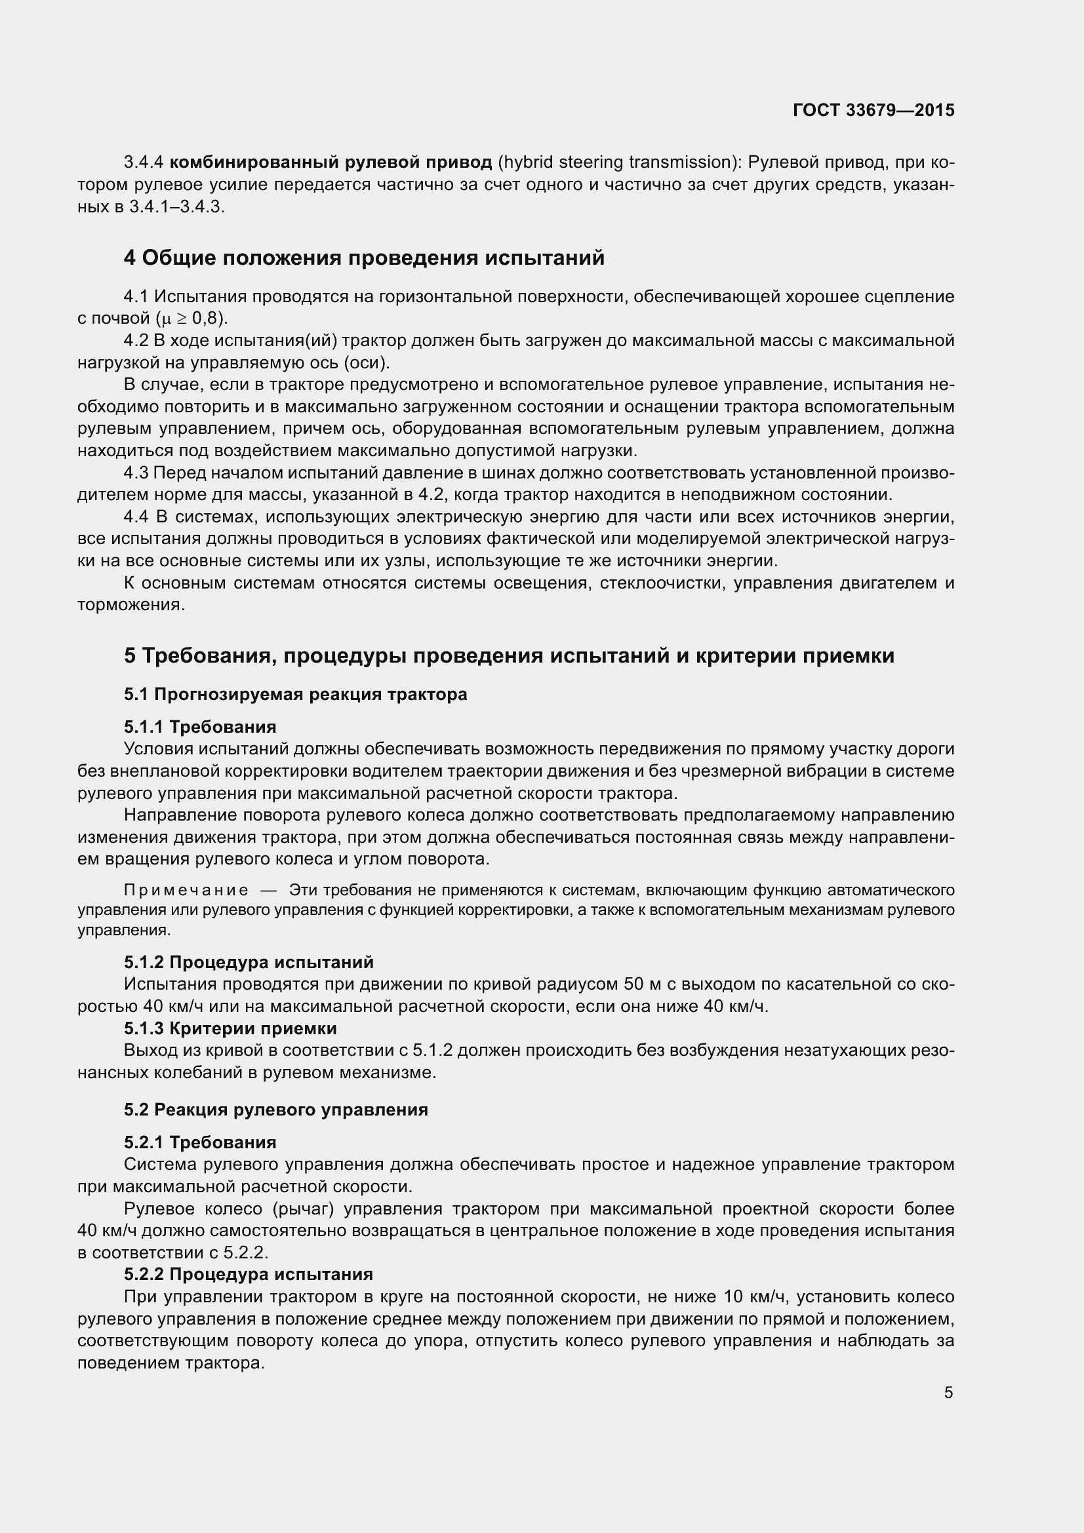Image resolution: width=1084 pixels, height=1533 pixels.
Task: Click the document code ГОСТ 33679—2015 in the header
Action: (873, 110)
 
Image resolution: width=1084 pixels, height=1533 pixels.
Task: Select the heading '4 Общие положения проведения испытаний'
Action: (364, 258)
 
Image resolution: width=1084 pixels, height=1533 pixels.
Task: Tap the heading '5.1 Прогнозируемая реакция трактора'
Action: (295, 694)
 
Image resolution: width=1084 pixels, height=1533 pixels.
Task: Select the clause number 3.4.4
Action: (144, 163)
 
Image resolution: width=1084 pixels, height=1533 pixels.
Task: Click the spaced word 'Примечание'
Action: (186, 890)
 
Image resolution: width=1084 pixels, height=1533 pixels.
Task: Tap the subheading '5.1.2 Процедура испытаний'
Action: (249, 962)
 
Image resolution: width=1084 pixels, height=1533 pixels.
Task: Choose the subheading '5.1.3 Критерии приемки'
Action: (230, 1028)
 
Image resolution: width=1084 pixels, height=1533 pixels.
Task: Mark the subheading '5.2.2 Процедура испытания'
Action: (249, 1274)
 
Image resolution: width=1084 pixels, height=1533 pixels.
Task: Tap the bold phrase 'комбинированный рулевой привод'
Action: (331, 163)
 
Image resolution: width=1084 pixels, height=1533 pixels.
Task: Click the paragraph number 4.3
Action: (136, 473)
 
